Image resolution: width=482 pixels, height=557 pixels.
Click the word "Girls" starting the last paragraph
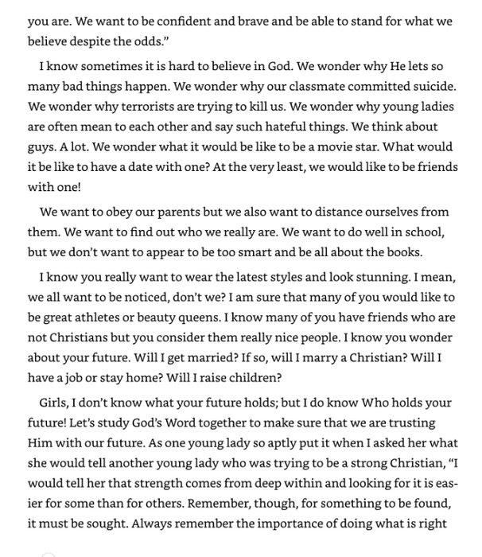[x=54, y=404]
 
